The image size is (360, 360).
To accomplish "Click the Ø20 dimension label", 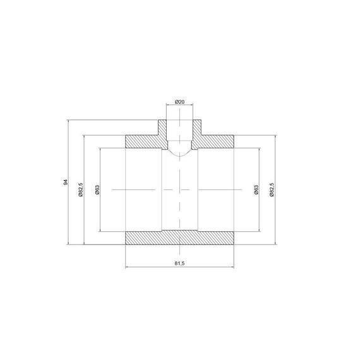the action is (x=179, y=102).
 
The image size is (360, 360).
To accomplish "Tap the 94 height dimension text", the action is (x=66, y=182).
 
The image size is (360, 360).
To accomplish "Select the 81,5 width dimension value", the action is (x=179, y=263).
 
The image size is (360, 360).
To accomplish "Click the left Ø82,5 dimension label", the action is (x=80, y=189).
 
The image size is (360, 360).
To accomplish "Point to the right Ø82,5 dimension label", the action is (x=272, y=189).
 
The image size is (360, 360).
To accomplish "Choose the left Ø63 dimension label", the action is (x=97, y=190).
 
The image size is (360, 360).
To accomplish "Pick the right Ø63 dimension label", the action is (x=256, y=190).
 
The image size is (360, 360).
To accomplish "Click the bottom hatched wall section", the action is (x=180, y=237).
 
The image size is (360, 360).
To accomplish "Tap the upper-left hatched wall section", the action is (x=145, y=141).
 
